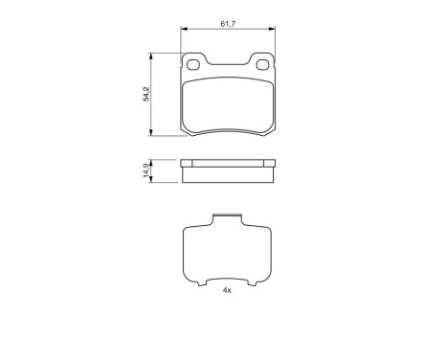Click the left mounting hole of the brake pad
(x=193, y=66)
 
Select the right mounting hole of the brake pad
(x=263, y=66)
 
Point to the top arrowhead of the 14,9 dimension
(x=150, y=160)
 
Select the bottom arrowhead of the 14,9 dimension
(x=150, y=180)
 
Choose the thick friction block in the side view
(x=229, y=173)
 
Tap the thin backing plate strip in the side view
(x=229, y=162)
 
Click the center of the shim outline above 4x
(x=228, y=254)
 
